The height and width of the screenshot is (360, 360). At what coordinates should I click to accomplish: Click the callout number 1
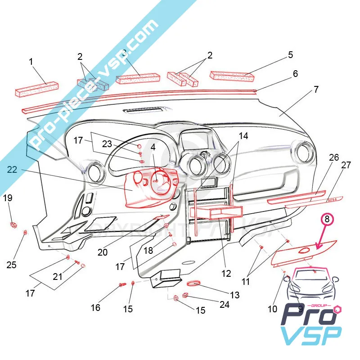pyautogui.click(x=31, y=61)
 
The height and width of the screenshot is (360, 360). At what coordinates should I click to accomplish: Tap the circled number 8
pyautogui.click(x=327, y=220)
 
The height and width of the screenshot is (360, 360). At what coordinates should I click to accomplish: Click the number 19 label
pyautogui.click(x=8, y=198)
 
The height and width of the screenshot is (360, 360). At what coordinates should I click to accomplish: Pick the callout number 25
pyautogui.click(x=12, y=265)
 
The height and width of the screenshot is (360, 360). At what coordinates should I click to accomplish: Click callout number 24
pyautogui.click(x=224, y=305)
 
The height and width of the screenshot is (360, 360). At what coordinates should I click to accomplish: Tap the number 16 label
pyautogui.click(x=95, y=308)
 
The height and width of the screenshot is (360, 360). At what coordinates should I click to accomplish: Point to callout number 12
pyautogui.click(x=226, y=273)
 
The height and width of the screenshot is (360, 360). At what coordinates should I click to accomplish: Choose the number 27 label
pyautogui.click(x=346, y=165)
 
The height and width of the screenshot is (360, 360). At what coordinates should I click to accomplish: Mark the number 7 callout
pyautogui.click(x=316, y=89)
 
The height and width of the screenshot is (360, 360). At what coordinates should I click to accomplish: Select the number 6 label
pyautogui.click(x=295, y=73)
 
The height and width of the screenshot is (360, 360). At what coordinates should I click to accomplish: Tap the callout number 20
pyautogui.click(x=103, y=252)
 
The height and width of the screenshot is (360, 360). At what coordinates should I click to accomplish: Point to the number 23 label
pyautogui.click(x=106, y=144)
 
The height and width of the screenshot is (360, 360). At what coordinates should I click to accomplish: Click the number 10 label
pyautogui.click(x=272, y=309)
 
